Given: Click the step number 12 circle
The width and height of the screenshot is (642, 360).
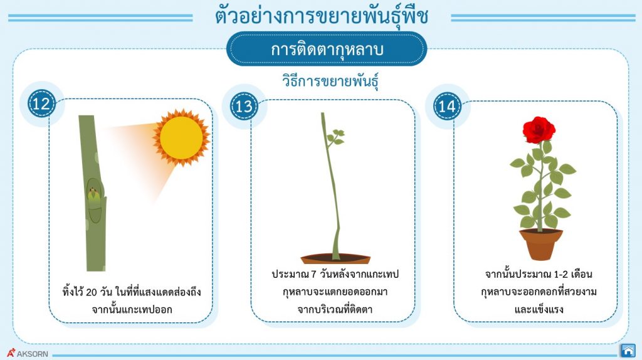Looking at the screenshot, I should pyautogui.click(x=41, y=104).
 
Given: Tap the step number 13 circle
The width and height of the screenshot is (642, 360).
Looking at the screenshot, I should pyautogui.click(x=245, y=106).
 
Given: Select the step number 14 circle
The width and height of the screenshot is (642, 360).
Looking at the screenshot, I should pyautogui.click(x=447, y=106).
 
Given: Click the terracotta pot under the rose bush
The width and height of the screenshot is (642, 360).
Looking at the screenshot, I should pyautogui.click(x=540, y=244).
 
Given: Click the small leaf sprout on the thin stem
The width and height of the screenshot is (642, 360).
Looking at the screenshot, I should pyautogui.click(x=335, y=137).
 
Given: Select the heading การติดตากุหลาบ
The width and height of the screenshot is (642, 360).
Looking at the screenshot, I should pyautogui.click(x=327, y=50).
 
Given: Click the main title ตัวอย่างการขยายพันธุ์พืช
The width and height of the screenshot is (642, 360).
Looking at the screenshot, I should pyautogui.click(x=322, y=17).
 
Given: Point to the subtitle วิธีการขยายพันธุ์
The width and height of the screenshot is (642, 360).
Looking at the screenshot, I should pyautogui.click(x=332, y=83).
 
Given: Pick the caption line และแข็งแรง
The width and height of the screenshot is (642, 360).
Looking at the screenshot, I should pyautogui.click(x=539, y=309).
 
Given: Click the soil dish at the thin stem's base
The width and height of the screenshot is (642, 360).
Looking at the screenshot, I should pyautogui.click(x=335, y=258).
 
